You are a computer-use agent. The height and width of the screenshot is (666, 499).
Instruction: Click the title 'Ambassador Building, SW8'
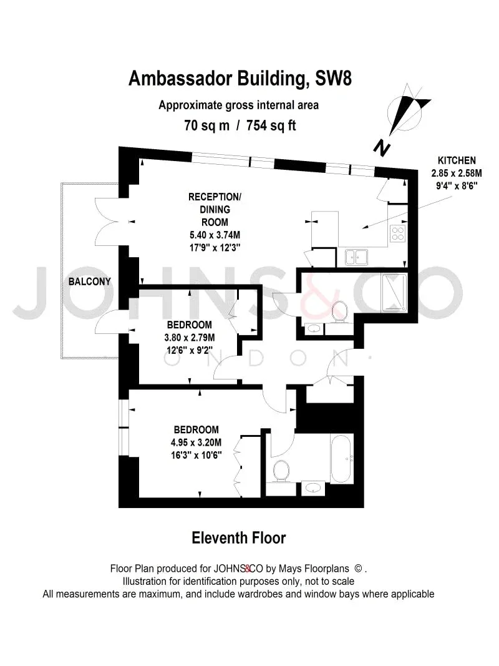pos(240,79)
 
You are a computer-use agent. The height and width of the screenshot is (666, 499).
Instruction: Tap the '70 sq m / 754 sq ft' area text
pos(240,125)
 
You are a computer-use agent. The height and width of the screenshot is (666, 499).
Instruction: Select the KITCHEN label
pos(457,160)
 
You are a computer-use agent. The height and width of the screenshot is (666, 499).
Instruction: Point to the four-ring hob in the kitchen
pos(397,234)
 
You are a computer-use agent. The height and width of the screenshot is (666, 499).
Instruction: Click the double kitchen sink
pos(356,257)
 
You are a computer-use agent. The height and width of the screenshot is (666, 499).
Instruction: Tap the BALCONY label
pos(90,281)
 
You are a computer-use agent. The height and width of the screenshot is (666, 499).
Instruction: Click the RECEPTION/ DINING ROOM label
pos(215,209)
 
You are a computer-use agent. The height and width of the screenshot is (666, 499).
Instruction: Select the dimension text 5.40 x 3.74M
pos(215,235)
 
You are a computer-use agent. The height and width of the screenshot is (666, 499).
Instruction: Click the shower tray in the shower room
pos(395,293)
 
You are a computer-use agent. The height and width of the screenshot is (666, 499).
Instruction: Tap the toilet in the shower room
pos(339,311)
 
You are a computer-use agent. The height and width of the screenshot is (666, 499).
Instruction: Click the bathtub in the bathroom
pos(342,458)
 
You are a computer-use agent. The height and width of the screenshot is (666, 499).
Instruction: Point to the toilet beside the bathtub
pos(281,472)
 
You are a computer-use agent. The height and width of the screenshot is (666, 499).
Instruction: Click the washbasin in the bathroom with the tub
pos(313,489)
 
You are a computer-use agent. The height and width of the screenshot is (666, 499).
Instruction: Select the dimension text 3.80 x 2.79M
pos(189,338)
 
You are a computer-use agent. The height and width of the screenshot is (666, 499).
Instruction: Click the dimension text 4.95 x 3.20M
pos(196,443)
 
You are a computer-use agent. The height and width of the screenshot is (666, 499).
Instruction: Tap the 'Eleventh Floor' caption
pos(239,537)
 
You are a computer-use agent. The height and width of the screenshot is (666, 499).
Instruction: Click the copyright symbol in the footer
pos(358,569)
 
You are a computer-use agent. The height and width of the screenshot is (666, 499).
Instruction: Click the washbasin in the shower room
pos(314,328)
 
